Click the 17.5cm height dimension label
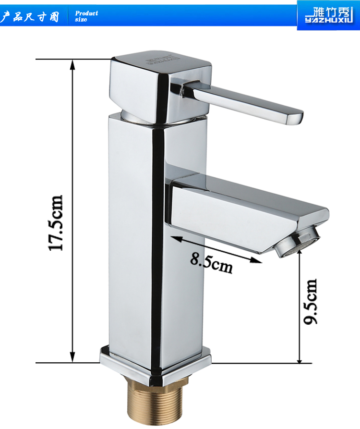tap(56, 223)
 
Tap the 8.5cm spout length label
tap(212, 263)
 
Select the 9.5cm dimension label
tap(310, 302)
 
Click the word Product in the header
tap(86, 13)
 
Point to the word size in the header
tap(81, 20)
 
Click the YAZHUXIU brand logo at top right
tap(329, 15)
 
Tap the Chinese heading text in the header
tap(30, 17)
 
